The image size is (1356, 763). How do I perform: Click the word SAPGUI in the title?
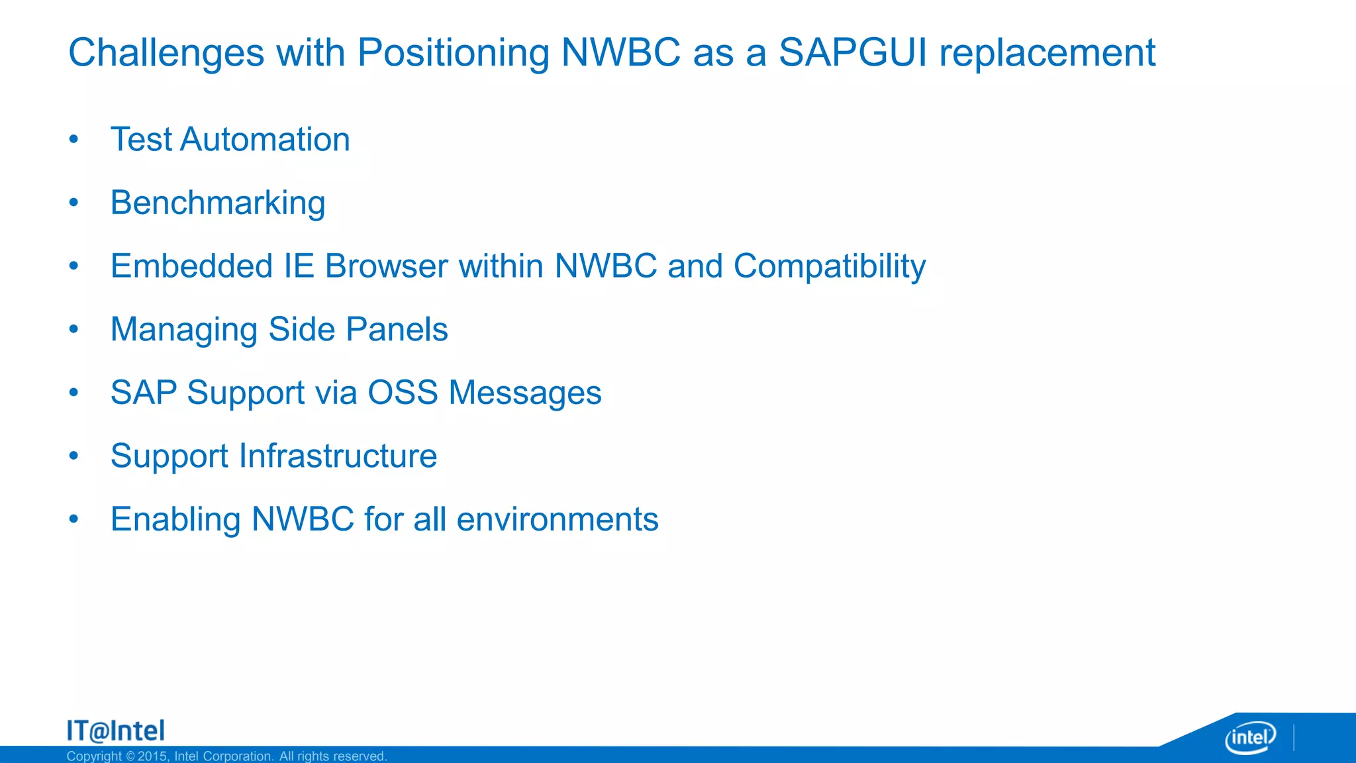tap(853, 53)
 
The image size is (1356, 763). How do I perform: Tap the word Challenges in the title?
tap(166, 53)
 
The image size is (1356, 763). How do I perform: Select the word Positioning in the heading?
tap(453, 53)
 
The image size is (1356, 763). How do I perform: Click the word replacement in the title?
tap(1047, 53)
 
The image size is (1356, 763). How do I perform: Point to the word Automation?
tap(264, 140)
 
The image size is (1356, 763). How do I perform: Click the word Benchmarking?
tap(218, 203)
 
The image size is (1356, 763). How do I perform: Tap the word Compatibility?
tap(829, 266)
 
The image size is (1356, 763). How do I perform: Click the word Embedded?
tap(191, 266)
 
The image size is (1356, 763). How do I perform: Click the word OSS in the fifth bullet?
tap(403, 393)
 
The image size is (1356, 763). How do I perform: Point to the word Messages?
tap(525, 393)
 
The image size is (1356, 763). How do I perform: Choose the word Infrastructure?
tap(338, 456)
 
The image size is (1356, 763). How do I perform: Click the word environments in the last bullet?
tap(557, 519)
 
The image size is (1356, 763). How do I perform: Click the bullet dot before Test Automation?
tap(73, 140)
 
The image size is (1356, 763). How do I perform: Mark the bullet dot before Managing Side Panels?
tap(73, 329)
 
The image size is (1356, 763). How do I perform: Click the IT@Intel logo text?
tap(116, 731)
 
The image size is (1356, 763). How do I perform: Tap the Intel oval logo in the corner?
tap(1250, 737)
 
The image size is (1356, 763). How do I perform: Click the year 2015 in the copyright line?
tap(152, 756)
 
